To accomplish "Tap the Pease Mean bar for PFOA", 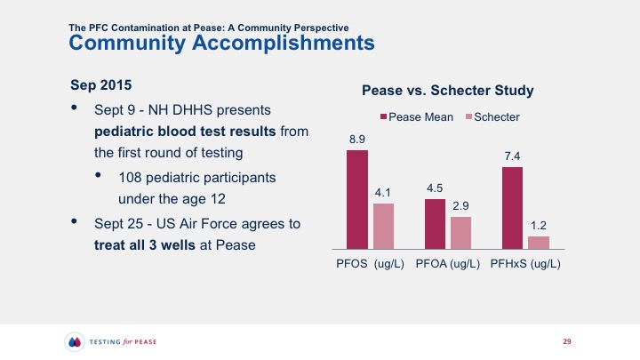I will click(435, 223).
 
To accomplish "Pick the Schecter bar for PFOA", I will click(460, 232).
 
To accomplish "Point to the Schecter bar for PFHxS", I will click(539, 242).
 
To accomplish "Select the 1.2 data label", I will click(539, 226).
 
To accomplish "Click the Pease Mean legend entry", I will click(417, 117).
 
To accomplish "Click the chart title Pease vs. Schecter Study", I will click(446, 92).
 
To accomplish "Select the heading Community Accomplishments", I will click(221, 42).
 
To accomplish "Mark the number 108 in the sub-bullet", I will click(130, 175).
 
